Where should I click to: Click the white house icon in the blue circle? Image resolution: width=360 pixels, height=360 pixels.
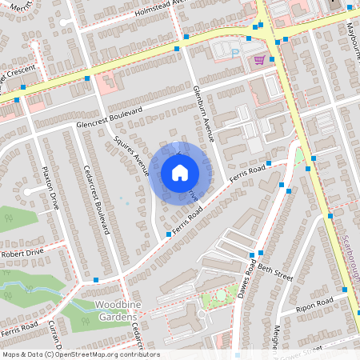180,172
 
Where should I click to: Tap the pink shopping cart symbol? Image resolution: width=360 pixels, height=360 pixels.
258,59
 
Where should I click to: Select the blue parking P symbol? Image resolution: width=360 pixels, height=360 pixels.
234,54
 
